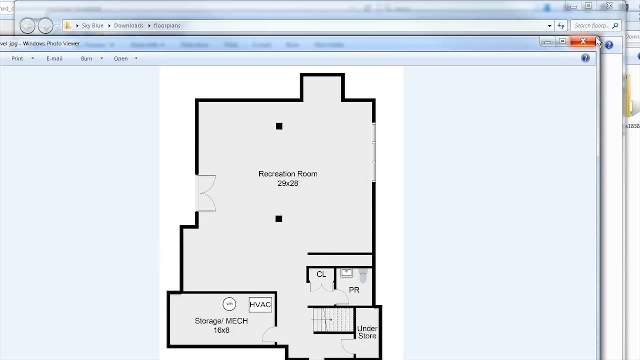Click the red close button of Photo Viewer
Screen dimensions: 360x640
583,41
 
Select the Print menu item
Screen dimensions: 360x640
17,59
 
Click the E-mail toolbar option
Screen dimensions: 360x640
54,59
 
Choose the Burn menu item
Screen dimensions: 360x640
86,59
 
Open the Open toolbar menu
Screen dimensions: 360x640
121,59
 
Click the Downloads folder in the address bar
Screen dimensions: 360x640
129,26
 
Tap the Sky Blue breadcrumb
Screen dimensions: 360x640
93,26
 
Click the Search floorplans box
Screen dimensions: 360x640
592,26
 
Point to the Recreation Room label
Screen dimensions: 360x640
288,174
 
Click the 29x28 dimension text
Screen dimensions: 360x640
288,183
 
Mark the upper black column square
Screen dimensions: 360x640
279,126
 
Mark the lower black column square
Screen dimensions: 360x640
279,219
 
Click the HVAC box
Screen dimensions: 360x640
260,305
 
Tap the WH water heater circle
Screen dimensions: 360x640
229,304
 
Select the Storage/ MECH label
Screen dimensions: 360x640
221,321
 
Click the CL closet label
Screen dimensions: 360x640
321,274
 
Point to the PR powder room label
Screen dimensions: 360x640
354,290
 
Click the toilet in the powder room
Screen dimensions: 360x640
363,276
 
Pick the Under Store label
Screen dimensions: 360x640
367,332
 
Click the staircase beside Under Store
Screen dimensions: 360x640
333,320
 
